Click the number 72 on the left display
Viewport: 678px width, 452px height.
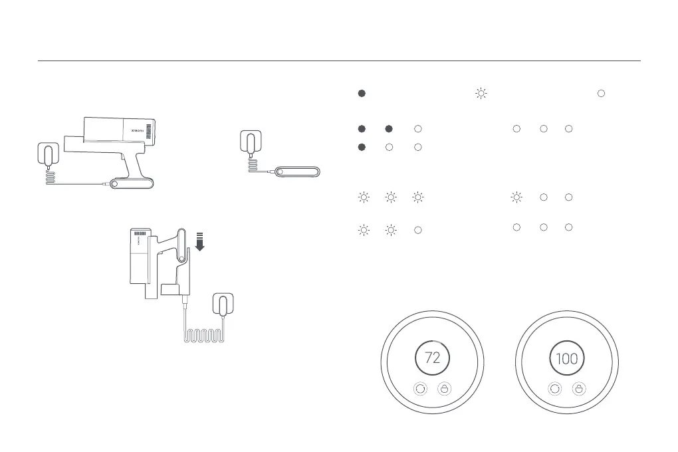(432, 358)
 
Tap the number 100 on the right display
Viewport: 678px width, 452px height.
(566, 358)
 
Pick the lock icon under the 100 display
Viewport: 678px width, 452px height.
(578, 389)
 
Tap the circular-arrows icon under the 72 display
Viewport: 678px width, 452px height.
(420, 389)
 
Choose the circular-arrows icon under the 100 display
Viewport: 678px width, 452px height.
(554, 389)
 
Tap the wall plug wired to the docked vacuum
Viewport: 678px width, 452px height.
(222, 305)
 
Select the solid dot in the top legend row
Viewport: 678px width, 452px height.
(362, 94)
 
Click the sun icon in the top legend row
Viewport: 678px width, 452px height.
(481, 94)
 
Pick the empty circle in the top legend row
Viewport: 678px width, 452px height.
(601, 94)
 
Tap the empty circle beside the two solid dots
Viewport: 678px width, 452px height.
(417, 128)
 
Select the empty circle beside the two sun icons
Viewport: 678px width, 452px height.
(417, 230)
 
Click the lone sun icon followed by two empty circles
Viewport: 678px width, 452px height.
(516, 197)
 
